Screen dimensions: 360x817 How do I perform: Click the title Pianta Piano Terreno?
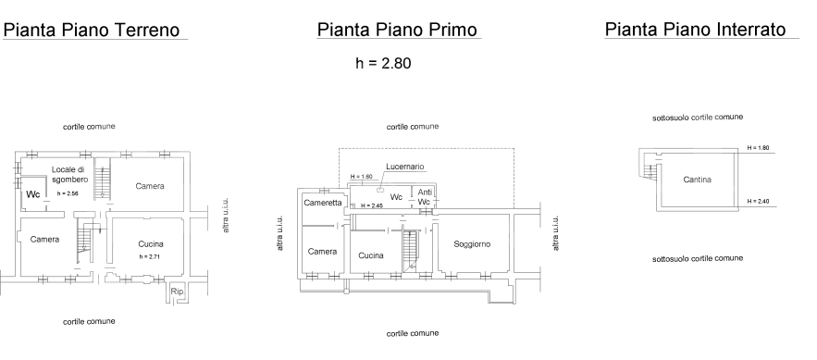(x=96, y=31)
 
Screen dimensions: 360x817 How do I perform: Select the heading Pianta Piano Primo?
(x=399, y=31)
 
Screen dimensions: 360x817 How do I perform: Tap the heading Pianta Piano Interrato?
(x=701, y=31)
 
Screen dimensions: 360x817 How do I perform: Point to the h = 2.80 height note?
(x=377, y=65)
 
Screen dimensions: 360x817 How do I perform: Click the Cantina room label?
(x=697, y=180)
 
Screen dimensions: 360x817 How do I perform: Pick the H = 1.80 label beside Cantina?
(x=759, y=148)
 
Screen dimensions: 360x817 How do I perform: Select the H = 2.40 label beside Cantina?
(x=759, y=200)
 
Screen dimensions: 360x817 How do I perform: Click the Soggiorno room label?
(x=472, y=244)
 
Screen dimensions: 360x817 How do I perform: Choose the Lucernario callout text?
(x=405, y=167)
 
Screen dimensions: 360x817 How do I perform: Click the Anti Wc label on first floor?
(x=425, y=196)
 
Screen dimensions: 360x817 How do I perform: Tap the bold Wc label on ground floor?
(x=32, y=195)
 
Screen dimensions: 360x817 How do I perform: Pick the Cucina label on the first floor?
(x=371, y=254)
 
